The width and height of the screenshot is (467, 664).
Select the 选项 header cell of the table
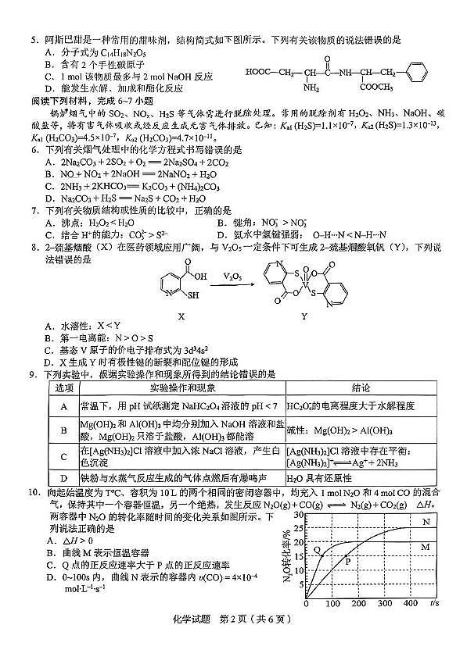63,387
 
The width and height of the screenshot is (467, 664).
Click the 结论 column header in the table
361,387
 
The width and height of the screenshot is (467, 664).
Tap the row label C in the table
63,456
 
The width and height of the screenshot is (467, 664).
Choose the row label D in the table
63,478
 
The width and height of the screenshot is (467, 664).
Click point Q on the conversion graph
318,550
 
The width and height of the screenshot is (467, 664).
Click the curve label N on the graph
426,521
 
